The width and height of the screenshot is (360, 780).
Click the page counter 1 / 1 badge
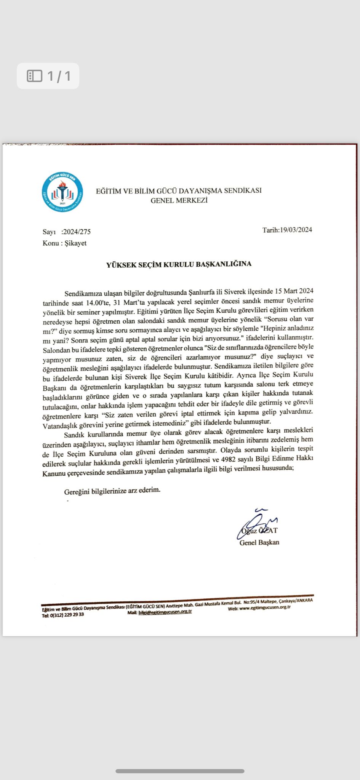[x=48, y=76]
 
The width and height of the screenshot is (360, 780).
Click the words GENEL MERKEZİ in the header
[x=179, y=201]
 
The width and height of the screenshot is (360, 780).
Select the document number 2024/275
[x=77, y=232]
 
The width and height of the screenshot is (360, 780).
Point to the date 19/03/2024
[x=296, y=230]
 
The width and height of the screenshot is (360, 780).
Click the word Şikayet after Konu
[x=76, y=243]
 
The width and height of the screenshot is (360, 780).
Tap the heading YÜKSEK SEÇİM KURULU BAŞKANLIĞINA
[x=179, y=264]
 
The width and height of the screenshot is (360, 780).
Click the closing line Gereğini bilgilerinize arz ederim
[x=112, y=491]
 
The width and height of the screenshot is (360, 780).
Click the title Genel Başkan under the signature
[x=259, y=542]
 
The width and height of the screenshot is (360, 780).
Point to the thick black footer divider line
[x=177, y=599]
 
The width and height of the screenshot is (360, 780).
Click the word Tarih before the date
[x=270, y=230]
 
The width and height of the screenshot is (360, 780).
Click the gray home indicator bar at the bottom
[x=180, y=771]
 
